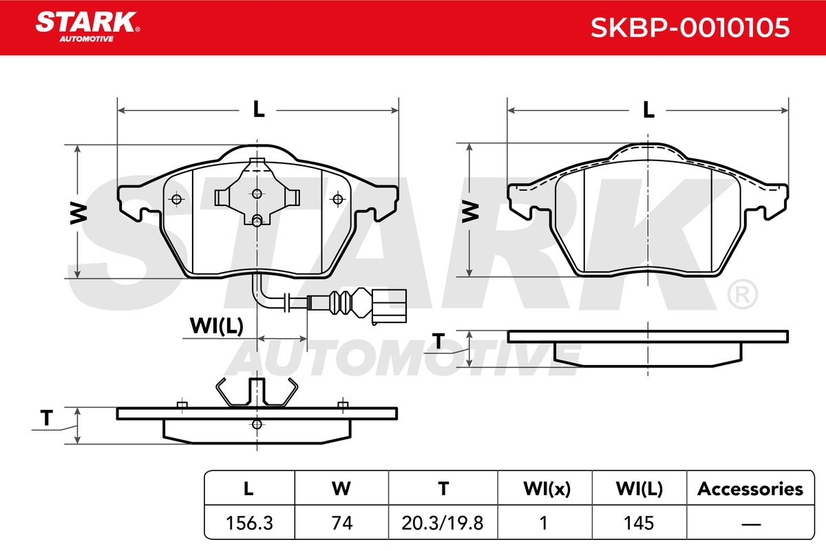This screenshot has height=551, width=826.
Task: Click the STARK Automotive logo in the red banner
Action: click(x=87, y=27)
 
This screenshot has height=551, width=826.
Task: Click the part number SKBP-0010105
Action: click(x=690, y=28)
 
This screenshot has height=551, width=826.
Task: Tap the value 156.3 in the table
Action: click(x=249, y=523)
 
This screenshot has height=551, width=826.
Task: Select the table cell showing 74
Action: click(x=342, y=523)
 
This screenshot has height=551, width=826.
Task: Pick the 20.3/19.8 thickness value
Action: click(x=443, y=523)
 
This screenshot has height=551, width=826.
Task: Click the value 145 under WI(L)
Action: click(x=639, y=523)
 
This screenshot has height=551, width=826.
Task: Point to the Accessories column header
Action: click(x=750, y=489)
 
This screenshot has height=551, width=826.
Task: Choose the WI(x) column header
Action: click(x=547, y=489)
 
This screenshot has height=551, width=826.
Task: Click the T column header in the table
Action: click(x=443, y=488)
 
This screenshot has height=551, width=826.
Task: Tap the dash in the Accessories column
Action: click(x=751, y=523)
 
